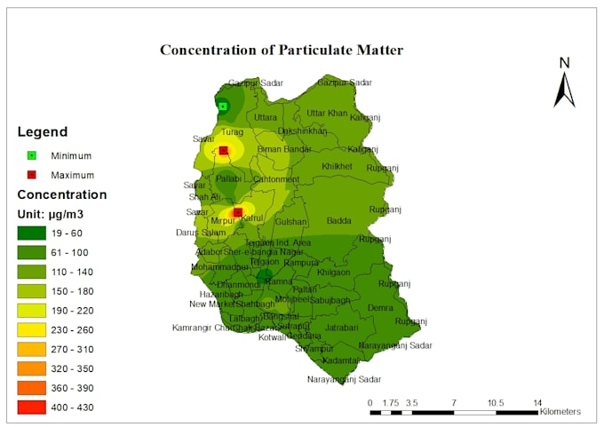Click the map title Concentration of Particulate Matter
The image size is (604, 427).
282,50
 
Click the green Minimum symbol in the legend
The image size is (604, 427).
32,155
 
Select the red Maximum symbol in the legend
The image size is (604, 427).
32,175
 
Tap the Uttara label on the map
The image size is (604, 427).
266,117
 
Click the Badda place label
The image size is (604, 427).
338,221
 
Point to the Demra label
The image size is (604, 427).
380,307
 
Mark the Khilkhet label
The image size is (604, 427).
337,166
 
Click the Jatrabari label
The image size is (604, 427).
342,328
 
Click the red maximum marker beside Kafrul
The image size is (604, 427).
237,212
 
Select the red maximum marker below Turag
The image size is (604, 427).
224,151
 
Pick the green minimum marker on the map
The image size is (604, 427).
223,107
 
